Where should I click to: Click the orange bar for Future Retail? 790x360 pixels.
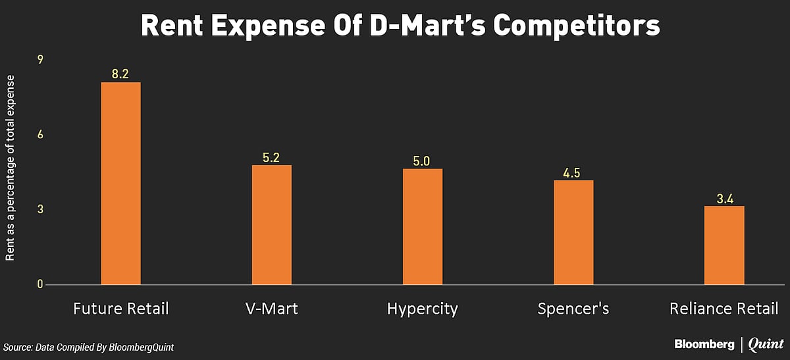pos(120,184)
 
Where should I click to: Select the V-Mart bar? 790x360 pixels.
pos(271,225)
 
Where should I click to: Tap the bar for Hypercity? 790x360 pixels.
pos(423,227)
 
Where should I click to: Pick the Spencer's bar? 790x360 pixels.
pos(573,233)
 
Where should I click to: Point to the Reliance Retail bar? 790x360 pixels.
pos(724,245)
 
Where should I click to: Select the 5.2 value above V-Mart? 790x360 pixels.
pos(271,157)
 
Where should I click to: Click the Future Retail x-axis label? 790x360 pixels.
pos(120,308)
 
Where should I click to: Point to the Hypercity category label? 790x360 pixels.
pos(423,309)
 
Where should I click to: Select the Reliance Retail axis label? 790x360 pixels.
pos(724,308)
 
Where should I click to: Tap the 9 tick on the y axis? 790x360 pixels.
pos(40,60)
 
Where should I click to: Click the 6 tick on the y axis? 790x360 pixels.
pos(40,135)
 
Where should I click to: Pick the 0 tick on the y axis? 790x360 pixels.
pos(40,284)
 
